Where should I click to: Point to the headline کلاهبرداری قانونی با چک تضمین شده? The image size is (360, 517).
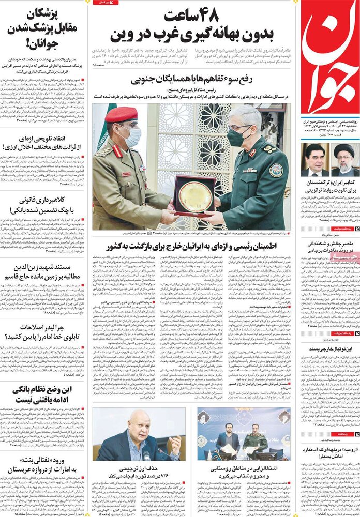click(43, 205)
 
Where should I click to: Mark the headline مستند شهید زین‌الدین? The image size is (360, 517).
click(43, 272)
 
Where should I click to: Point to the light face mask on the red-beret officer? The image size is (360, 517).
click(133, 136)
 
